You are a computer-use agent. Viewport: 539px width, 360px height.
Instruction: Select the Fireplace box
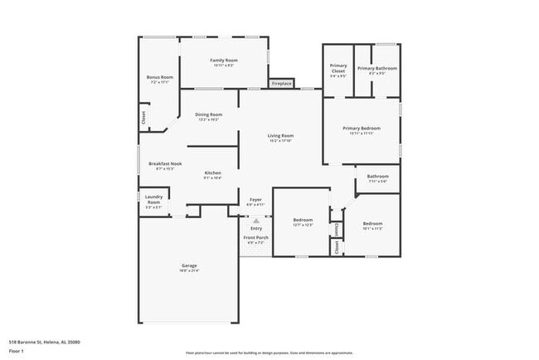pyautogui.click(x=281, y=83)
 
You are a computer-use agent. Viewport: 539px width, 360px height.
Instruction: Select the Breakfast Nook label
pyautogui.click(x=165, y=164)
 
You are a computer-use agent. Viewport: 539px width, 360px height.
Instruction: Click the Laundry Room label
pyautogui.click(x=153, y=200)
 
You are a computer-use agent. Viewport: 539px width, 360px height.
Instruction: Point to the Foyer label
pyautogui.click(x=255, y=200)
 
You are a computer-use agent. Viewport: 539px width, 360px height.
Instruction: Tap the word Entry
pyautogui.click(x=255, y=228)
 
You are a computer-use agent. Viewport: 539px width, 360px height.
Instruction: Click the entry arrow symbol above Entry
pyautogui.click(x=255, y=221)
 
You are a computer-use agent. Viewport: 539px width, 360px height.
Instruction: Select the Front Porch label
pyautogui.click(x=255, y=238)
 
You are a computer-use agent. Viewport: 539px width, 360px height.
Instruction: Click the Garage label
pyautogui.click(x=190, y=266)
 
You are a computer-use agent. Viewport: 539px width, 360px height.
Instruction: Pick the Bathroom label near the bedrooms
pyautogui.click(x=378, y=176)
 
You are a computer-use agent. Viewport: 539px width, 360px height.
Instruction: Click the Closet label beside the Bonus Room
pyautogui.click(x=143, y=119)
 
